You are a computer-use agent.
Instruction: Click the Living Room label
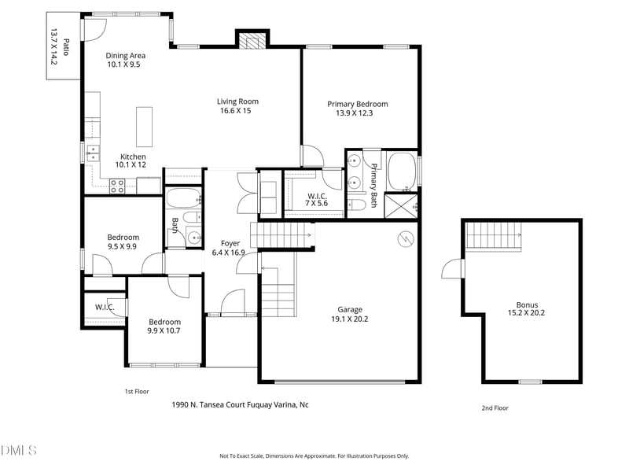coord(238,101)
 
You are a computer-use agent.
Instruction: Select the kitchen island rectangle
coord(145,127)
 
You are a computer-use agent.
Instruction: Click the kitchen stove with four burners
coord(117,186)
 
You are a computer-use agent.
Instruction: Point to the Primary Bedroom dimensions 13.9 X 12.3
coord(358,113)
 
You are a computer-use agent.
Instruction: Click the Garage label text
coord(348,309)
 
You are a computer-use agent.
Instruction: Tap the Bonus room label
coord(526,305)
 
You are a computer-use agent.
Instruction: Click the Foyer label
coord(230,243)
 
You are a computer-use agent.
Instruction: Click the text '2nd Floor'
coord(495,407)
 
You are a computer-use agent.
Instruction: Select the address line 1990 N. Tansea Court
coord(240,404)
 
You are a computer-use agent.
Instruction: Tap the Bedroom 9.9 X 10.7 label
coord(164,326)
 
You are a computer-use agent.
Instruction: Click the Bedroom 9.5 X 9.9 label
coord(123,242)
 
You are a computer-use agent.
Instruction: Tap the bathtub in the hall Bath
coord(183,197)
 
